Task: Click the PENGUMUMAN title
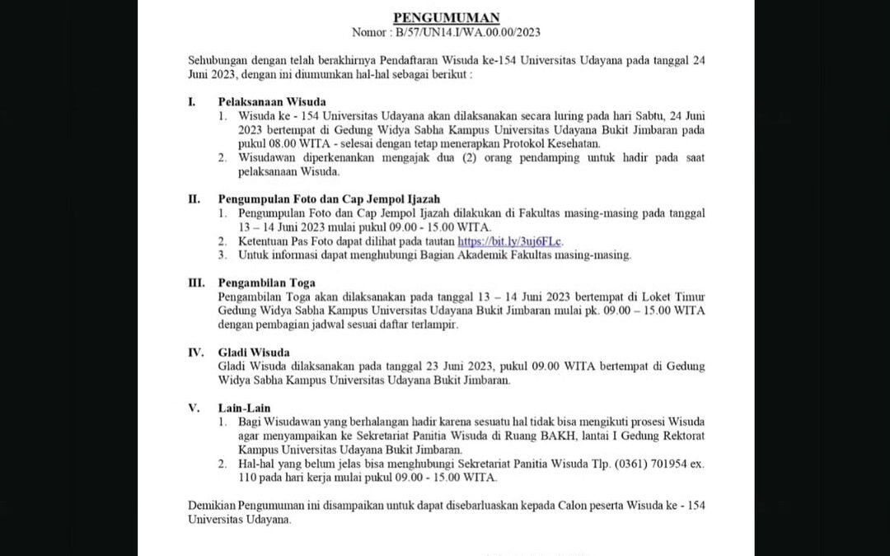point(446,17)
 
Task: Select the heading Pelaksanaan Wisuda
point(260,101)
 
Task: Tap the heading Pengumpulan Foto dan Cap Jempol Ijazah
point(329,199)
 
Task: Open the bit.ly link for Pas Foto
point(510,241)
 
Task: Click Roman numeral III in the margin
point(196,283)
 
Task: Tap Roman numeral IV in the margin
point(196,353)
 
